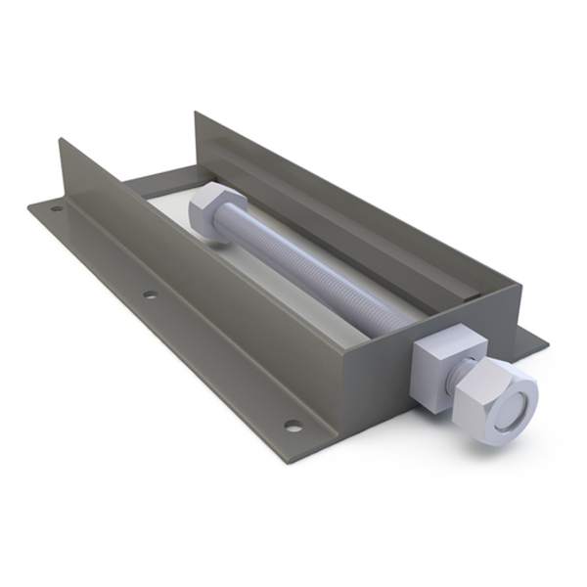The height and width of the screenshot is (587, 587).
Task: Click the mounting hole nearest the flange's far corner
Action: (x=57, y=207)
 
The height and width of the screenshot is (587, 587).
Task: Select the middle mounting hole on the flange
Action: (x=149, y=293)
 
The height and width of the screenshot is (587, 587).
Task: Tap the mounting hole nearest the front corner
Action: (x=292, y=425)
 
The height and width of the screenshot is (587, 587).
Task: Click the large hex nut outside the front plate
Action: (x=494, y=396)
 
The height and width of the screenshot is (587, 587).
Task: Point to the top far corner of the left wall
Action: (x=61, y=141)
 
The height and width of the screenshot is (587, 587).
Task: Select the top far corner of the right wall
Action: (x=196, y=113)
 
